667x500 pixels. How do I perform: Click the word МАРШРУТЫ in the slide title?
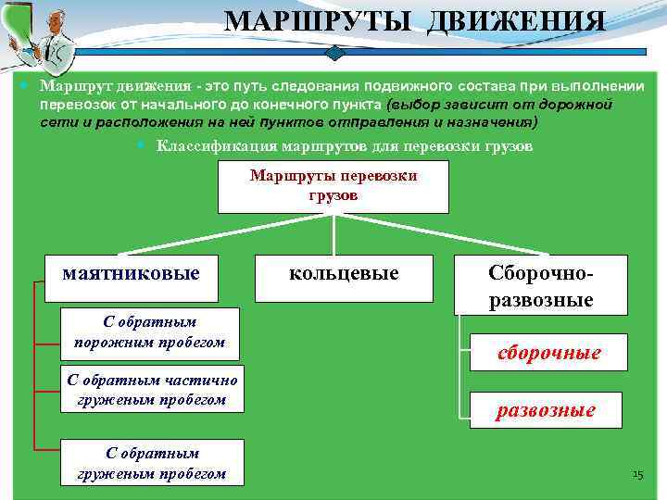321,21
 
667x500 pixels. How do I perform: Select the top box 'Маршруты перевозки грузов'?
333,186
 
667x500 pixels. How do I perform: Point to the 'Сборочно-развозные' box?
541,284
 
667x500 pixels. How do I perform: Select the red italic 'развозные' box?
546,410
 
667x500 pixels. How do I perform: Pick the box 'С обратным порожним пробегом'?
149,332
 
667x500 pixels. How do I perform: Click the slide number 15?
636,476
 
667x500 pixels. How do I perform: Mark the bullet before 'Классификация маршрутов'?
139,145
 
